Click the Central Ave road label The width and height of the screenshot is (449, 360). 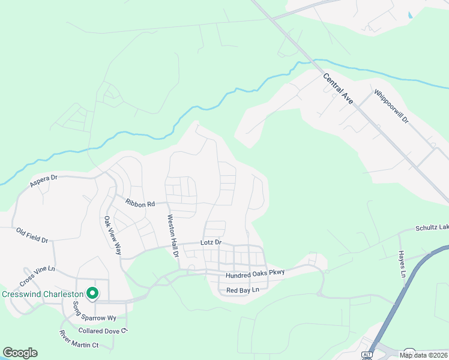338,89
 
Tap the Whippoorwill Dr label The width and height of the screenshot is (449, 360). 391,107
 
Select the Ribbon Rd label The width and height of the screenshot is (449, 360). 140,204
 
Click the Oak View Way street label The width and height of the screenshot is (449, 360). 112,235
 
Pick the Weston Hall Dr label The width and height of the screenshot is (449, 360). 173,236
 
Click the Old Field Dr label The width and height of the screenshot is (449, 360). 32,235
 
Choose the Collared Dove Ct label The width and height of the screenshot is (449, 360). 103,331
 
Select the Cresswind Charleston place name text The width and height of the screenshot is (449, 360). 42,295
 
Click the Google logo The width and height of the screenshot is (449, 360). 20,353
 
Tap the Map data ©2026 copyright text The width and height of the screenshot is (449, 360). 424,355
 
